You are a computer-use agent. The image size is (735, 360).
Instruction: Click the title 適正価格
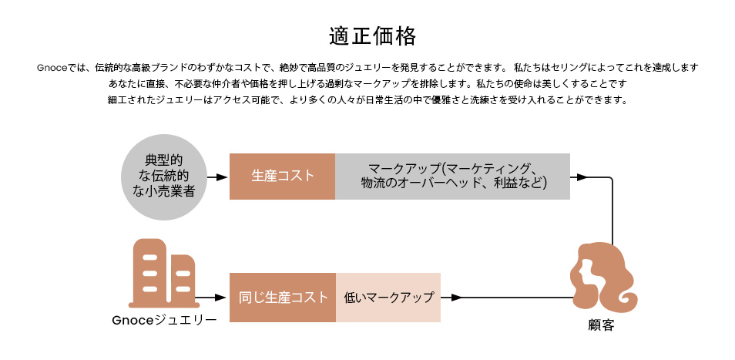372,36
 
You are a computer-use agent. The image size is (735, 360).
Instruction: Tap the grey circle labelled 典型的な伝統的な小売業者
163,177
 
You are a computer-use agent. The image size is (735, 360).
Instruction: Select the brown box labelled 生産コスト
282,177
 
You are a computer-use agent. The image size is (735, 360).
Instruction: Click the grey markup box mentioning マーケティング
452,177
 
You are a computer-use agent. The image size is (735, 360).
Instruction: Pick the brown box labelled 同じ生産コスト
283,298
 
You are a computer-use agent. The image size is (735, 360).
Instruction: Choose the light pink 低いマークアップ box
388,298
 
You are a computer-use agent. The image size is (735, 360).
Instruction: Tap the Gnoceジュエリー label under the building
164,320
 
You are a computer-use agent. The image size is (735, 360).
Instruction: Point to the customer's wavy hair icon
602,278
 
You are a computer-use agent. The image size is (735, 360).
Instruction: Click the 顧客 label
601,325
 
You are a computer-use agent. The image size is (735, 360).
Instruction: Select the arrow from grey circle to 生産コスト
217,177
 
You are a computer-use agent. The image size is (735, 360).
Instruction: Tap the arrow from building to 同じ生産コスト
210,298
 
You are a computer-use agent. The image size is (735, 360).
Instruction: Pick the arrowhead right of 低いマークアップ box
456,298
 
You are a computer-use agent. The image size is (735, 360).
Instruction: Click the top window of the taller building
149,257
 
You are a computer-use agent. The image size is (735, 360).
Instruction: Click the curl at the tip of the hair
627,300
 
